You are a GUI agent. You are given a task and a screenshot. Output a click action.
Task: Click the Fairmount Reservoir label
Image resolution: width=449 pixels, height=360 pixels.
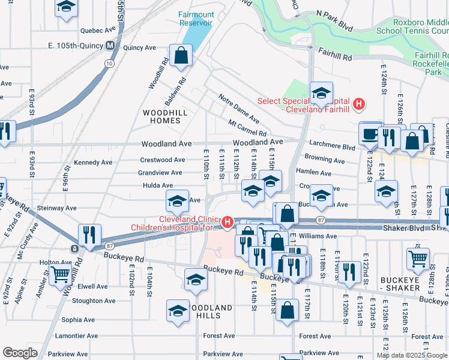point(196,18)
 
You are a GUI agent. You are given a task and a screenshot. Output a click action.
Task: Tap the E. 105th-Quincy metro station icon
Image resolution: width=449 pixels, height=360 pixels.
point(110,45)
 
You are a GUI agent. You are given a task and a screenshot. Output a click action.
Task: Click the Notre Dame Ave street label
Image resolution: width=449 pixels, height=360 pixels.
point(239,109)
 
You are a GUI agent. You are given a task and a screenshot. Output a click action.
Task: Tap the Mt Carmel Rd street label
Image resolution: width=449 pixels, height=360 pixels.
point(247,128)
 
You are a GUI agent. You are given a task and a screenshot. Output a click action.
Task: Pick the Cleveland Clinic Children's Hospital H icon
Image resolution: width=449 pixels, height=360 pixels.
point(227,223)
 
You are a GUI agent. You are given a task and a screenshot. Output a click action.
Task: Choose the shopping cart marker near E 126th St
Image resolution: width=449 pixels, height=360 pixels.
point(418,258)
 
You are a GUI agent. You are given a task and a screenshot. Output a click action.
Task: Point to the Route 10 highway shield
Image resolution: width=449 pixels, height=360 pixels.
point(108,63)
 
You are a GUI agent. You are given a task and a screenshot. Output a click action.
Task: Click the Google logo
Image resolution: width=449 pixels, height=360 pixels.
point(20,353)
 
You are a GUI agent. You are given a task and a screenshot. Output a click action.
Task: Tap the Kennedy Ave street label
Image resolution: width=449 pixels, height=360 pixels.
point(92,162)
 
